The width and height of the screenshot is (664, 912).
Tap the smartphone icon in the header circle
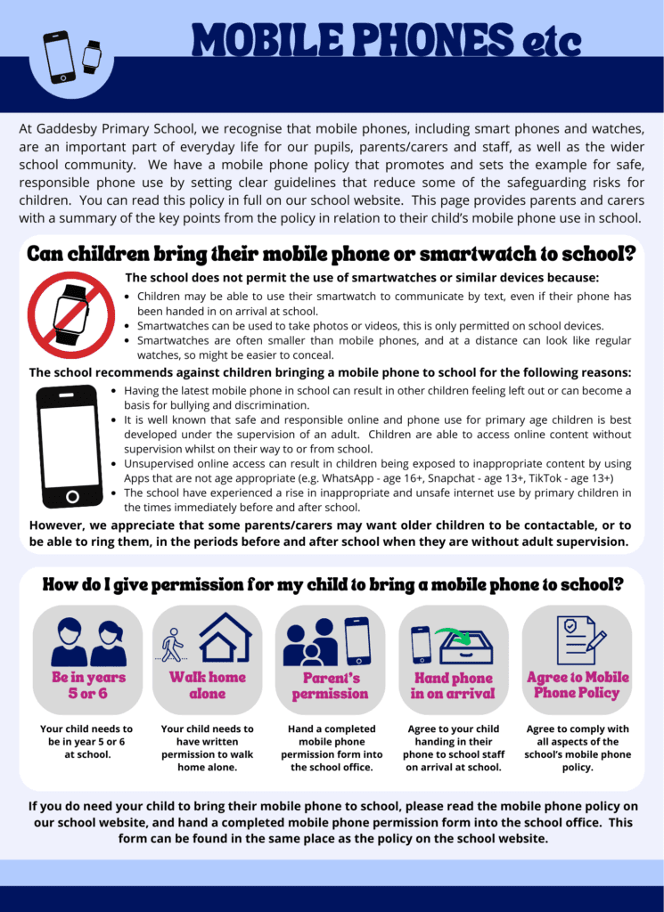(60, 56)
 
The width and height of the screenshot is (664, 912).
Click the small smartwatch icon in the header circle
(91, 55)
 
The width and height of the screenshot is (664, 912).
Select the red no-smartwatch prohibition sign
(70, 314)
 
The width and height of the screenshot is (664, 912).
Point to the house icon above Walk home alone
(225, 637)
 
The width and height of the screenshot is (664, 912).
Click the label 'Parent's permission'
(330, 686)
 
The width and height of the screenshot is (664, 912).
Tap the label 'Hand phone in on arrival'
(453, 686)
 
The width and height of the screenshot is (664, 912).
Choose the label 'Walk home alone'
(208, 685)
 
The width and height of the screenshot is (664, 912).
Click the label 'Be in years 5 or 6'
(88, 685)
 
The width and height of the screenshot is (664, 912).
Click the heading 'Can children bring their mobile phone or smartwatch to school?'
(331, 254)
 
